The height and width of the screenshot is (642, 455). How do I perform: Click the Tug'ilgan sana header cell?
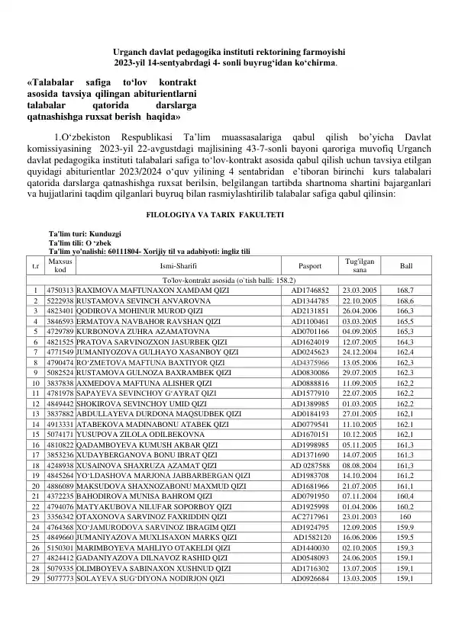(360, 267)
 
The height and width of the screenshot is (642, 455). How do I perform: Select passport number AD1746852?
(310, 291)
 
